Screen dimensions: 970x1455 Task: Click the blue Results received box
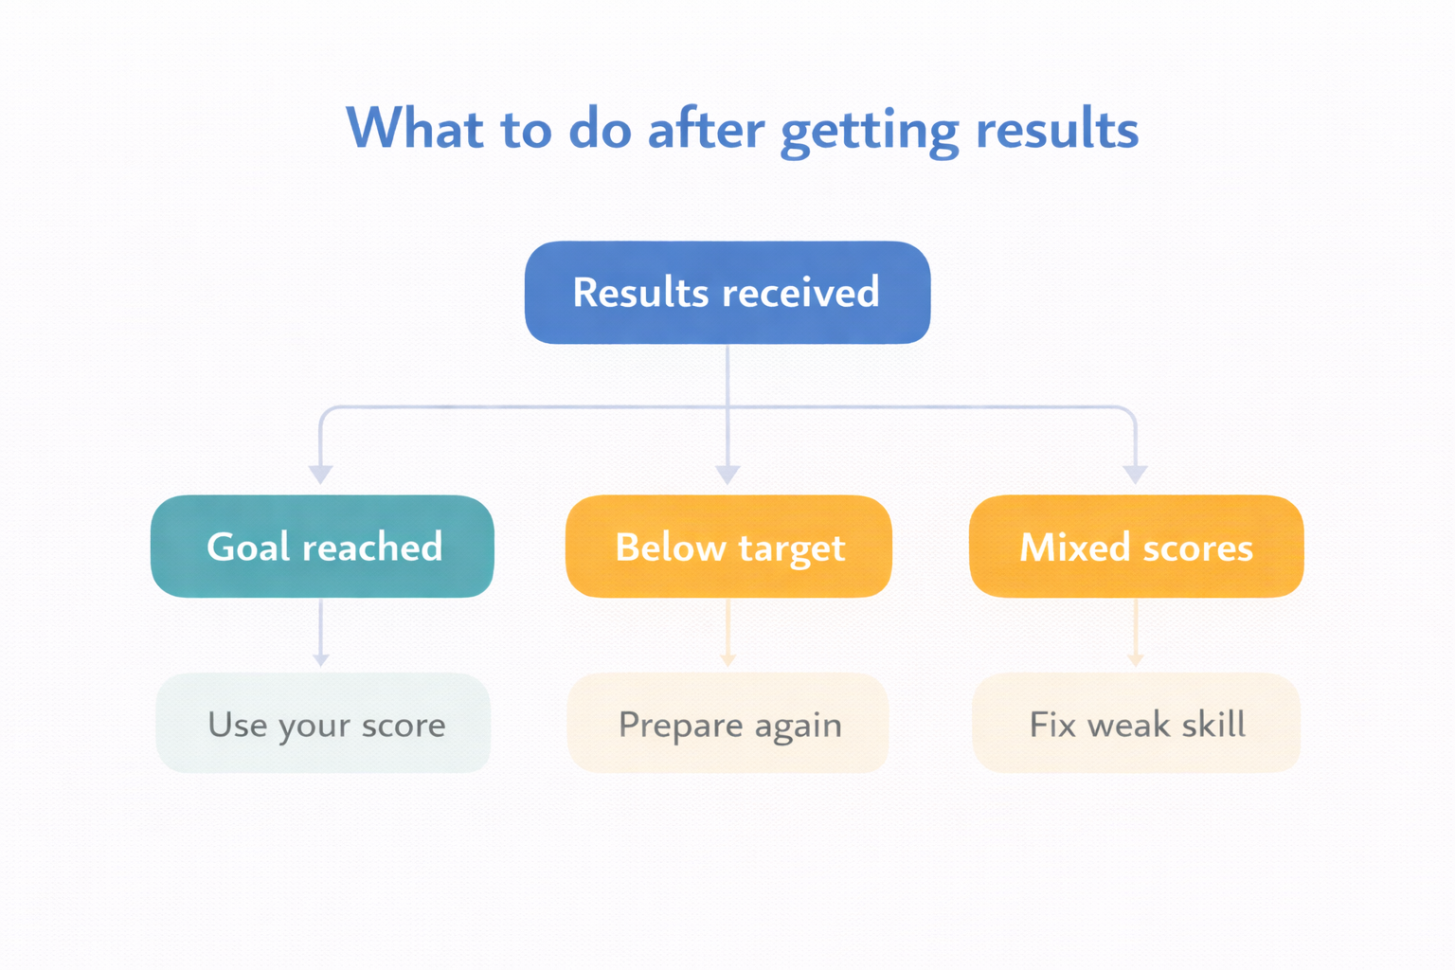(x=727, y=293)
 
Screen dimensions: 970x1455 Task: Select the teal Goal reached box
(x=322, y=547)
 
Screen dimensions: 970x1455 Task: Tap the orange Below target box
(x=728, y=547)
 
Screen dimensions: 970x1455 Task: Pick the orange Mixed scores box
(x=1136, y=547)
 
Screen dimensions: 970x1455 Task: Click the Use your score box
(x=324, y=724)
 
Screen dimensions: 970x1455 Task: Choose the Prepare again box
(x=728, y=724)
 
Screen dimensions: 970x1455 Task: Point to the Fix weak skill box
(x=1136, y=724)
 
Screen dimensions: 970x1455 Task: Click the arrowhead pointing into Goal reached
(x=321, y=474)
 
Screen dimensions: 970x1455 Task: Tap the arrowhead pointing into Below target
(x=727, y=474)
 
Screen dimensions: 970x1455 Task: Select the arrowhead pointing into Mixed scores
(x=1135, y=474)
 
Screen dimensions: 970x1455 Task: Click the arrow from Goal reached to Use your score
(x=321, y=633)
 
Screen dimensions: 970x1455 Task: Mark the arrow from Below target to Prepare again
(x=727, y=633)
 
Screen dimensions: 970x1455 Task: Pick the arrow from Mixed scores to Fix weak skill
(x=1136, y=633)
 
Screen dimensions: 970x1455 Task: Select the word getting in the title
(x=869, y=131)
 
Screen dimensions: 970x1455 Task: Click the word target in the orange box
(x=791, y=548)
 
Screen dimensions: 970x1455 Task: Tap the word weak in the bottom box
(x=1128, y=725)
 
